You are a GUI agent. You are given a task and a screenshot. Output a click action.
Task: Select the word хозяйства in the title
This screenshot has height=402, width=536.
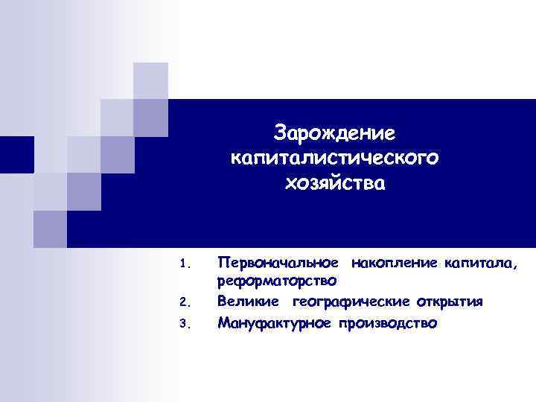[335, 182]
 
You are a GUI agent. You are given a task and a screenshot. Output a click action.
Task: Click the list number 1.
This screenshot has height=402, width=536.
[185, 264]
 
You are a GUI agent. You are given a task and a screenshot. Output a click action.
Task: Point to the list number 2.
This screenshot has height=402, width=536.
[185, 302]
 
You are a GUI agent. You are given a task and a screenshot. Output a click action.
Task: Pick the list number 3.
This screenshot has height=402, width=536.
[185, 325]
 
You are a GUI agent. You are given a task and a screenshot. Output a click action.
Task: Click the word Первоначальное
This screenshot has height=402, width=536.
[280, 262]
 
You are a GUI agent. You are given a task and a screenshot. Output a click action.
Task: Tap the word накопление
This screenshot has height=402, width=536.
[394, 262]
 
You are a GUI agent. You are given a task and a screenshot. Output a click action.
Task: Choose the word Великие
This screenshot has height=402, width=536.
[249, 301]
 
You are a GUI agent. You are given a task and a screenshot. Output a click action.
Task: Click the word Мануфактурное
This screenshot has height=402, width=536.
[275, 324]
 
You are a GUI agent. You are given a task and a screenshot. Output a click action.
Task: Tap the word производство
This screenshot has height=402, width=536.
[389, 324]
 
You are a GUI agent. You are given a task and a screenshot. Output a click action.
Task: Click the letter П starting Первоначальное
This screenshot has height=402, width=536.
[222, 262]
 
